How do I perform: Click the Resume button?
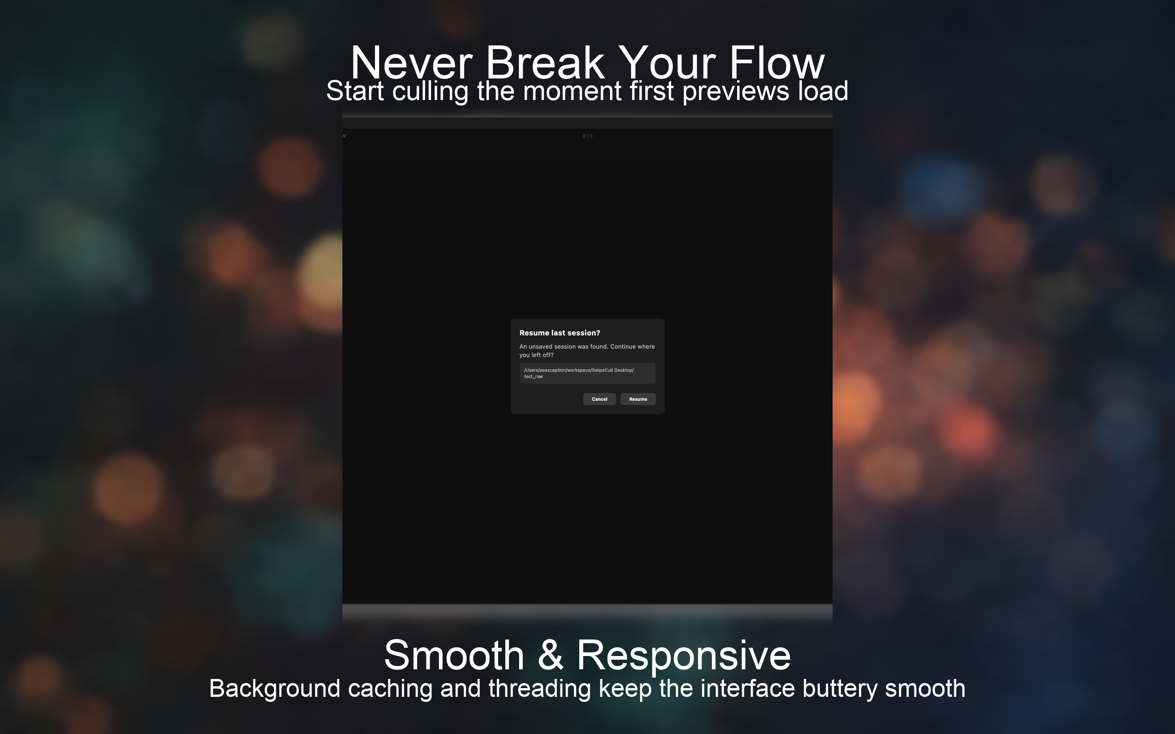coord(638,399)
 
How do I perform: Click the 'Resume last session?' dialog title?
coord(560,333)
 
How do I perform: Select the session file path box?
coord(587,373)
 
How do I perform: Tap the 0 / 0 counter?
coord(587,136)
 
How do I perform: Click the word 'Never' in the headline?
coord(411,63)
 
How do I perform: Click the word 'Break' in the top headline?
coord(545,63)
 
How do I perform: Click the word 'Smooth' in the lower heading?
coord(454,656)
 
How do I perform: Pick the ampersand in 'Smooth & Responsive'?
coord(551,656)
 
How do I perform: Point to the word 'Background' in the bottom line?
coord(275,689)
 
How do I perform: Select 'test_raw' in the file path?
coord(534,377)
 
